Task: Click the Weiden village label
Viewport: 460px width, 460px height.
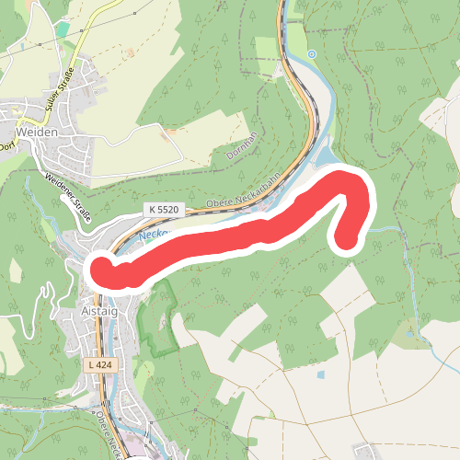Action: coord(38,132)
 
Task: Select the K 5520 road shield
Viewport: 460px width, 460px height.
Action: coord(160,211)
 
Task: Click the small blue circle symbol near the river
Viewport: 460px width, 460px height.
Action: coord(312,54)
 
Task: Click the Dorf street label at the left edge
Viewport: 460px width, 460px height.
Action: coord(6,144)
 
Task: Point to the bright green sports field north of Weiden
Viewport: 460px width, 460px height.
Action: coord(62,29)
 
